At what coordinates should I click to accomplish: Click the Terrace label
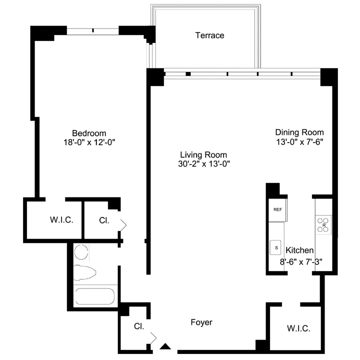click(209, 35)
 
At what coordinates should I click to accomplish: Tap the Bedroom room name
click(89, 133)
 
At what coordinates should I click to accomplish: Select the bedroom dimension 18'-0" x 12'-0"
click(89, 142)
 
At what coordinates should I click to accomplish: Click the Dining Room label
click(299, 132)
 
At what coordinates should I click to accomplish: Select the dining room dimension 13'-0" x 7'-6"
click(299, 141)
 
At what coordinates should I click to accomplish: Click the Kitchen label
click(299, 250)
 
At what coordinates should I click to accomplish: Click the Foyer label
click(201, 322)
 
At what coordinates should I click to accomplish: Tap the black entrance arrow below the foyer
click(165, 345)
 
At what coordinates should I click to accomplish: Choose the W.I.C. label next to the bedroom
click(62, 219)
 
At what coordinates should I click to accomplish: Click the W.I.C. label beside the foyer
click(298, 328)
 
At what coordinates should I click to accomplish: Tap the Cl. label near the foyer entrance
click(139, 326)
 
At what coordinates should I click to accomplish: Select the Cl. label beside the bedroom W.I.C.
click(104, 219)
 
